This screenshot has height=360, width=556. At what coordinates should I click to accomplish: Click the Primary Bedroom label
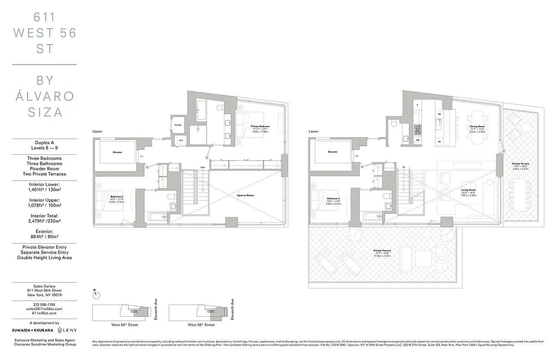(261, 126)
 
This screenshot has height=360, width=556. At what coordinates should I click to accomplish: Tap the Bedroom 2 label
(117, 196)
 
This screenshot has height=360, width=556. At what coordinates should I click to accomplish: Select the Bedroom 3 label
(333, 198)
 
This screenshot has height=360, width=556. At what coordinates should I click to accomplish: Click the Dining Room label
(477, 126)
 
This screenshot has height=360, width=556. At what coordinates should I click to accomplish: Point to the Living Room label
(468, 190)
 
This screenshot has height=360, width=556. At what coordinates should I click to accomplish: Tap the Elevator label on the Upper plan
(117, 152)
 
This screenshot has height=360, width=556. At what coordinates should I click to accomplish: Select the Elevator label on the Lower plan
(333, 152)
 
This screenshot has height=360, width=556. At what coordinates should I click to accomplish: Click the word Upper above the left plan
(97, 131)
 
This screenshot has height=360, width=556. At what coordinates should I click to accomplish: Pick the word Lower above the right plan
(314, 131)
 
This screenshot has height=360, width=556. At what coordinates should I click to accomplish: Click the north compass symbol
(96, 295)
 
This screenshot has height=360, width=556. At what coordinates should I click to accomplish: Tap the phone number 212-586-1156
(44, 304)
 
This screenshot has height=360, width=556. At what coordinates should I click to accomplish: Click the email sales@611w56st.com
(44, 309)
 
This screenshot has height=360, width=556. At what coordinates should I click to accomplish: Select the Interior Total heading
(44, 216)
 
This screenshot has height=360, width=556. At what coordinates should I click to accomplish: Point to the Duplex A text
(44, 142)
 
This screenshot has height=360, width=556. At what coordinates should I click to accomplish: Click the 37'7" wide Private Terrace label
(382, 251)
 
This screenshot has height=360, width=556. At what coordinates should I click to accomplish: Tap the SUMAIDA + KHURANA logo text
(32, 330)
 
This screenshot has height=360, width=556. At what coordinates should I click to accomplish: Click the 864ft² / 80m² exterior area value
(44, 237)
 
